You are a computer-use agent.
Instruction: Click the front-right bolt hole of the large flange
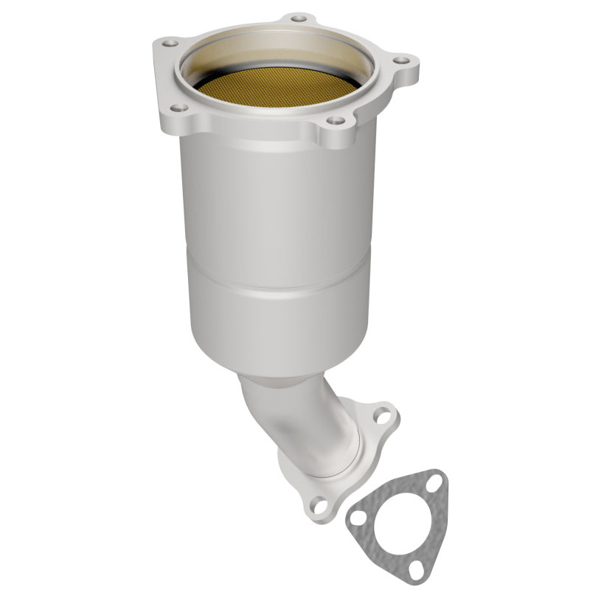(336, 120)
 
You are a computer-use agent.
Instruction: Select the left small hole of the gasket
(357, 519)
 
